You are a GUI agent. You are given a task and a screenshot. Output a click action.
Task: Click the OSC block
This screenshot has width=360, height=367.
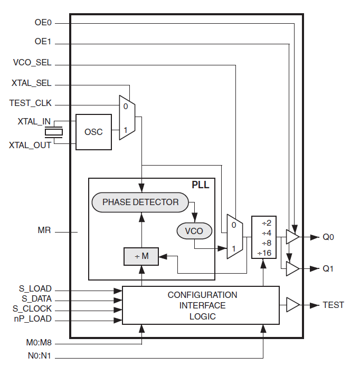[93, 132]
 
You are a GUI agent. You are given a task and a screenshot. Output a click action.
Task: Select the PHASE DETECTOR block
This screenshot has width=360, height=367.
[140, 202]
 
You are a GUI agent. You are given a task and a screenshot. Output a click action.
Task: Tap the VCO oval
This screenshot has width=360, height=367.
[194, 231]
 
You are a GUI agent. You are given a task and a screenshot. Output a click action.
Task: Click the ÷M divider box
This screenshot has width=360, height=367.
[141, 256]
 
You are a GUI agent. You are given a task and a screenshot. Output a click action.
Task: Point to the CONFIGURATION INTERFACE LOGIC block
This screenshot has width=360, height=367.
[201, 305]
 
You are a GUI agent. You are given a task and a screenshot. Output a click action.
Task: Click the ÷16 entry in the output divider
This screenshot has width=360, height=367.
[264, 253]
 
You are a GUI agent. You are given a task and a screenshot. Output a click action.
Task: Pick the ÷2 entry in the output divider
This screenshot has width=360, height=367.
[267, 223]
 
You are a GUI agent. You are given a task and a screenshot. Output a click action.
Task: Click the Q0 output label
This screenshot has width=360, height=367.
[328, 237]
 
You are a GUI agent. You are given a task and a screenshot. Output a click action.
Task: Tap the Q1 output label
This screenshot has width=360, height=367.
[328, 268]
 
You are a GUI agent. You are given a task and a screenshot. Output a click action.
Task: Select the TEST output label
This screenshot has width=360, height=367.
[333, 305]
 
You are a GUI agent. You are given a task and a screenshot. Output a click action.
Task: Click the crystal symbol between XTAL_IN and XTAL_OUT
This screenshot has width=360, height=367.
[54, 132]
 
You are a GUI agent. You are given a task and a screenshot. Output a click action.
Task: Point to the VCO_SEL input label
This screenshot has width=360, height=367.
[32, 63]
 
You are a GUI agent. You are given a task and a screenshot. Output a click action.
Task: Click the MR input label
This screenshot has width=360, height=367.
[44, 230]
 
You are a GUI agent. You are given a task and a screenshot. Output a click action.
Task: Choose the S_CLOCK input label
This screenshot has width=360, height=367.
[32, 308]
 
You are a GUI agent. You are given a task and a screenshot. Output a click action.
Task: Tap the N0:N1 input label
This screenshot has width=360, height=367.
[40, 356]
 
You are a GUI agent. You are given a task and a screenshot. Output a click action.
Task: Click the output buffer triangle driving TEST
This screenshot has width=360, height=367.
[293, 305]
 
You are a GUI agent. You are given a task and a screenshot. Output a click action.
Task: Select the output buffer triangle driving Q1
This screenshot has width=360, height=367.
[292, 269]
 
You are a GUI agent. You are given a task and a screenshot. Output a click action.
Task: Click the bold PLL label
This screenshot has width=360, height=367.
[201, 185]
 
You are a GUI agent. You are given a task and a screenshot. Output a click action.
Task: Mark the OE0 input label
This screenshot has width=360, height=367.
[43, 23]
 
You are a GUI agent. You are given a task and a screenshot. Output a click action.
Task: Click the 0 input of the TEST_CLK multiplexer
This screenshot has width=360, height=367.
[126, 107]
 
